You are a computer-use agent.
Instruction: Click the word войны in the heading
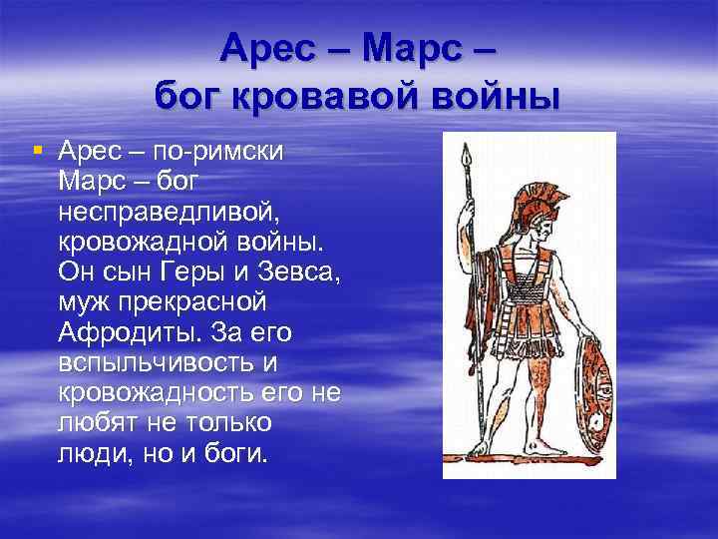coord(494,99)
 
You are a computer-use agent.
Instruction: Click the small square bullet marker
coord(37,151)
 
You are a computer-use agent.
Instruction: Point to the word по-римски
coord(220,153)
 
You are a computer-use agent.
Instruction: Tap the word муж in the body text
coord(84,302)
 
